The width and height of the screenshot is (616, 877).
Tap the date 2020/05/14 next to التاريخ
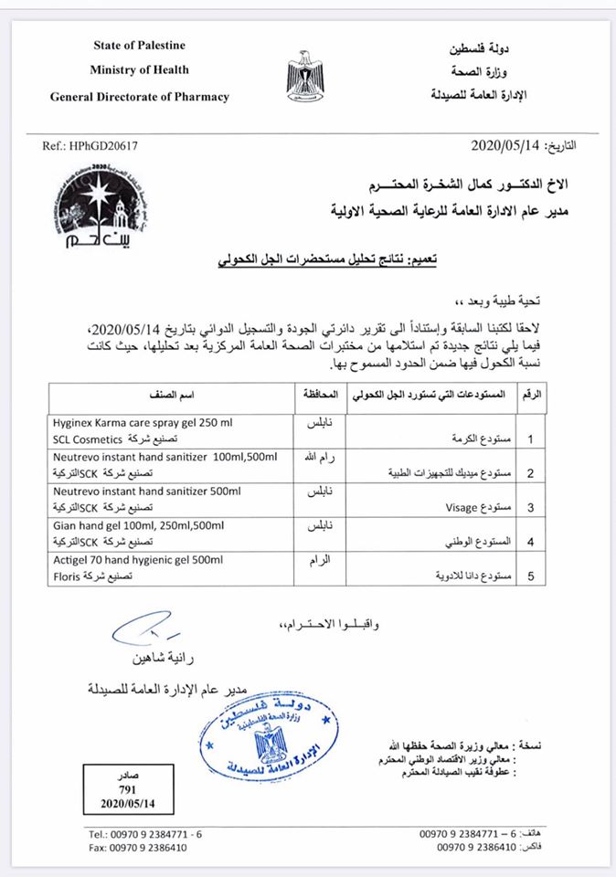click(504, 145)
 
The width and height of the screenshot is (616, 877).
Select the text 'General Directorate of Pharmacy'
click(139, 97)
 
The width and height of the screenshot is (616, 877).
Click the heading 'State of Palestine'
click(139, 46)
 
